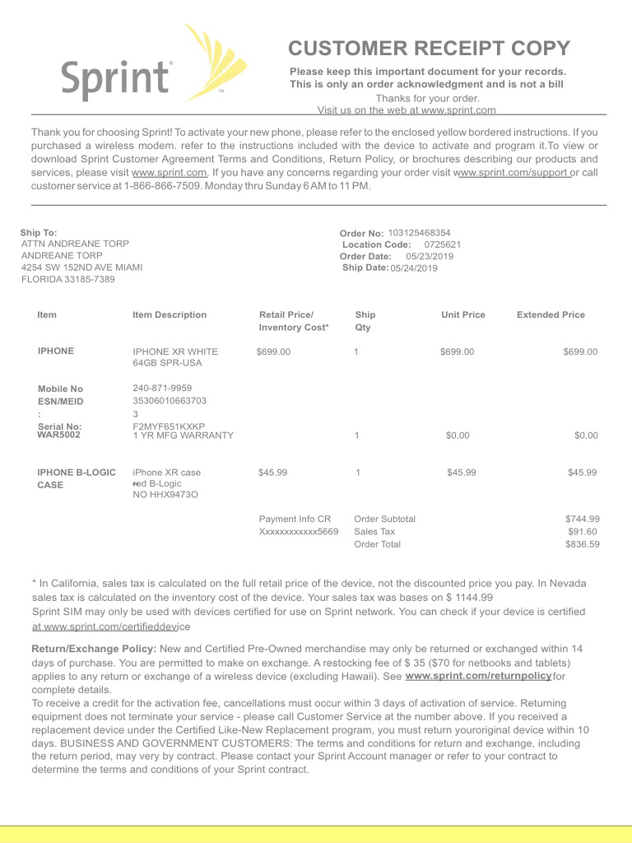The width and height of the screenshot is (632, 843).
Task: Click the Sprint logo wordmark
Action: (116, 79)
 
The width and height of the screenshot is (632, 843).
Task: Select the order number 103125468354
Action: (419, 233)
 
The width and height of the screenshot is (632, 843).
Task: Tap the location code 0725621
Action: (442, 245)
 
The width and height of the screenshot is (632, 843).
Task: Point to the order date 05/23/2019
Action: (430, 256)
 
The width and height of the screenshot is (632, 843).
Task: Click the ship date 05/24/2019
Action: (414, 268)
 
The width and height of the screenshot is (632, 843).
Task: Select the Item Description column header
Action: (170, 314)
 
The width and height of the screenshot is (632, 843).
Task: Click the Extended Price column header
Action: (551, 314)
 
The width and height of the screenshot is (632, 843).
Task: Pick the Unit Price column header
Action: (462, 314)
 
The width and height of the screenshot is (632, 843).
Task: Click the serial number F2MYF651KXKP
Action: (169, 426)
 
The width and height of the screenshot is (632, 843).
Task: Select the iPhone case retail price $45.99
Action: (272, 473)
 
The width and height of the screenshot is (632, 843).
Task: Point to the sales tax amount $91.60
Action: (582, 532)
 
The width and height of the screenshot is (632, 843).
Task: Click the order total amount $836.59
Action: (582, 544)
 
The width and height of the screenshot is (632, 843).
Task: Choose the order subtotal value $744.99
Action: (582, 519)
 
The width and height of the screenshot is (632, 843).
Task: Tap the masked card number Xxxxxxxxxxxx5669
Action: (298, 532)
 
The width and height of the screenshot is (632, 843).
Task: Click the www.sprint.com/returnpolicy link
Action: (478, 676)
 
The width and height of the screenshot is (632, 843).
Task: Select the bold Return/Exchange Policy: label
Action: (94, 649)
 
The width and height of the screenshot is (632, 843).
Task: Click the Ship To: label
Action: (39, 233)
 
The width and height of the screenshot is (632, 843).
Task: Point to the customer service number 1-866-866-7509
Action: (161, 186)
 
